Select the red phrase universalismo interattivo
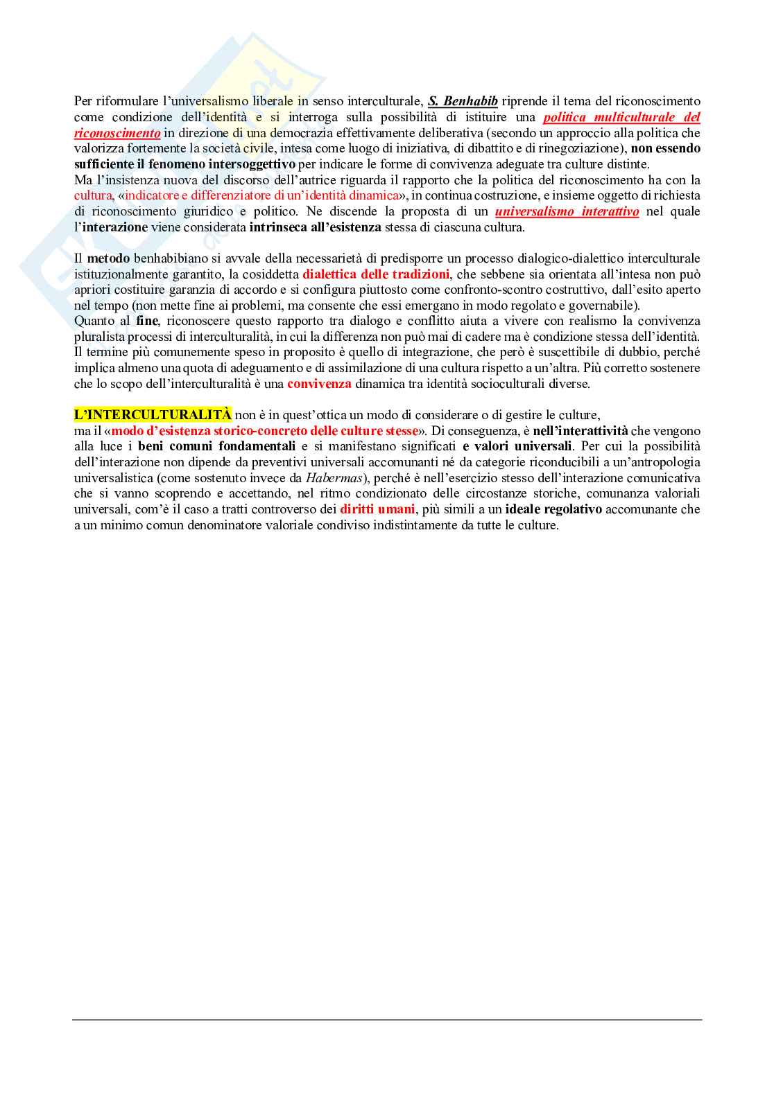[x=567, y=211]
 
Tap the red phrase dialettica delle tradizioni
[x=376, y=274]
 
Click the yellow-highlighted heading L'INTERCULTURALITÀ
[x=153, y=415]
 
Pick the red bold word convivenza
[x=319, y=384]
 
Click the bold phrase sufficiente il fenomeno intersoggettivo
[x=185, y=164]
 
